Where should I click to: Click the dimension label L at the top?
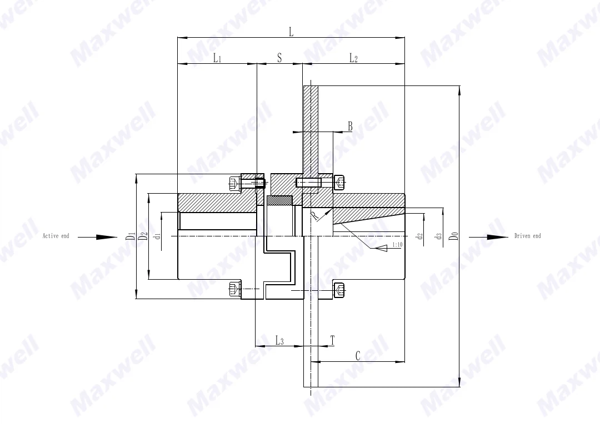[291, 32]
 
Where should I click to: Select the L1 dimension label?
[217, 58]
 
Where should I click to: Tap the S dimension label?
[279, 58]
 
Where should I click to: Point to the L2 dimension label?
[353, 58]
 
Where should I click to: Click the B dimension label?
[350, 127]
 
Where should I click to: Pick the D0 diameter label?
[454, 236]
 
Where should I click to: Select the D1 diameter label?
[130, 236]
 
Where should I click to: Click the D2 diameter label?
[143, 236]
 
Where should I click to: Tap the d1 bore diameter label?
[157, 236]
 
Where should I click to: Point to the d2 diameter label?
[421, 236]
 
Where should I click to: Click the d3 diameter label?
[438, 236]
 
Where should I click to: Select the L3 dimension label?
[279, 340]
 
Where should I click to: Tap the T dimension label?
[332, 340]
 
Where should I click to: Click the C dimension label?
[358, 356]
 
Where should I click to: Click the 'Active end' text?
[56, 236]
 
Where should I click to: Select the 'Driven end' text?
[527, 236]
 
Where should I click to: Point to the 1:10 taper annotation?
[398, 244]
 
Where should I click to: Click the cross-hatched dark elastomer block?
[279, 199]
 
